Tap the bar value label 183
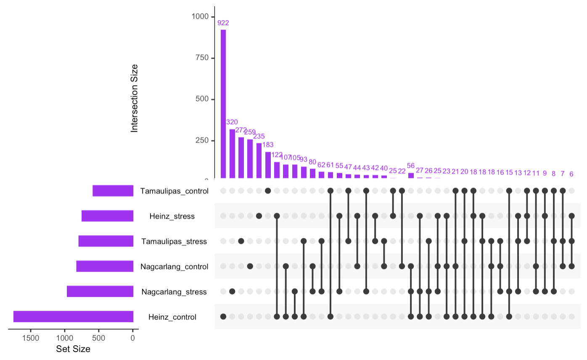(x=268, y=145)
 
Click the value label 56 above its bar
(x=411, y=165)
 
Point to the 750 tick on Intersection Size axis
(x=203, y=58)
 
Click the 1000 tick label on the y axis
(x=200, y=16)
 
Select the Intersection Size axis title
(x=135, y=98)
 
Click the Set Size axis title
(x=73, y=349)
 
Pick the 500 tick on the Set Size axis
(x=99, y=338)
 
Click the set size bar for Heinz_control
(x=73, y=317)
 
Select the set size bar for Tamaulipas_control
(x=113, y=191)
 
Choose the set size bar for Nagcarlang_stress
(x=100, y=291)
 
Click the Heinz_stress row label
(x=172, y=217)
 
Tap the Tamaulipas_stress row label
(x=174, y=241)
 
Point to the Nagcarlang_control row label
(x=175, y=267)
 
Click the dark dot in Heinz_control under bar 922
(x=223, y=316)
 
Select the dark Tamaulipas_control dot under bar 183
(x=268, y=191)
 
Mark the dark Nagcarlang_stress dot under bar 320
(x=232, y=291)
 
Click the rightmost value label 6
(x=571, y=174)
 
